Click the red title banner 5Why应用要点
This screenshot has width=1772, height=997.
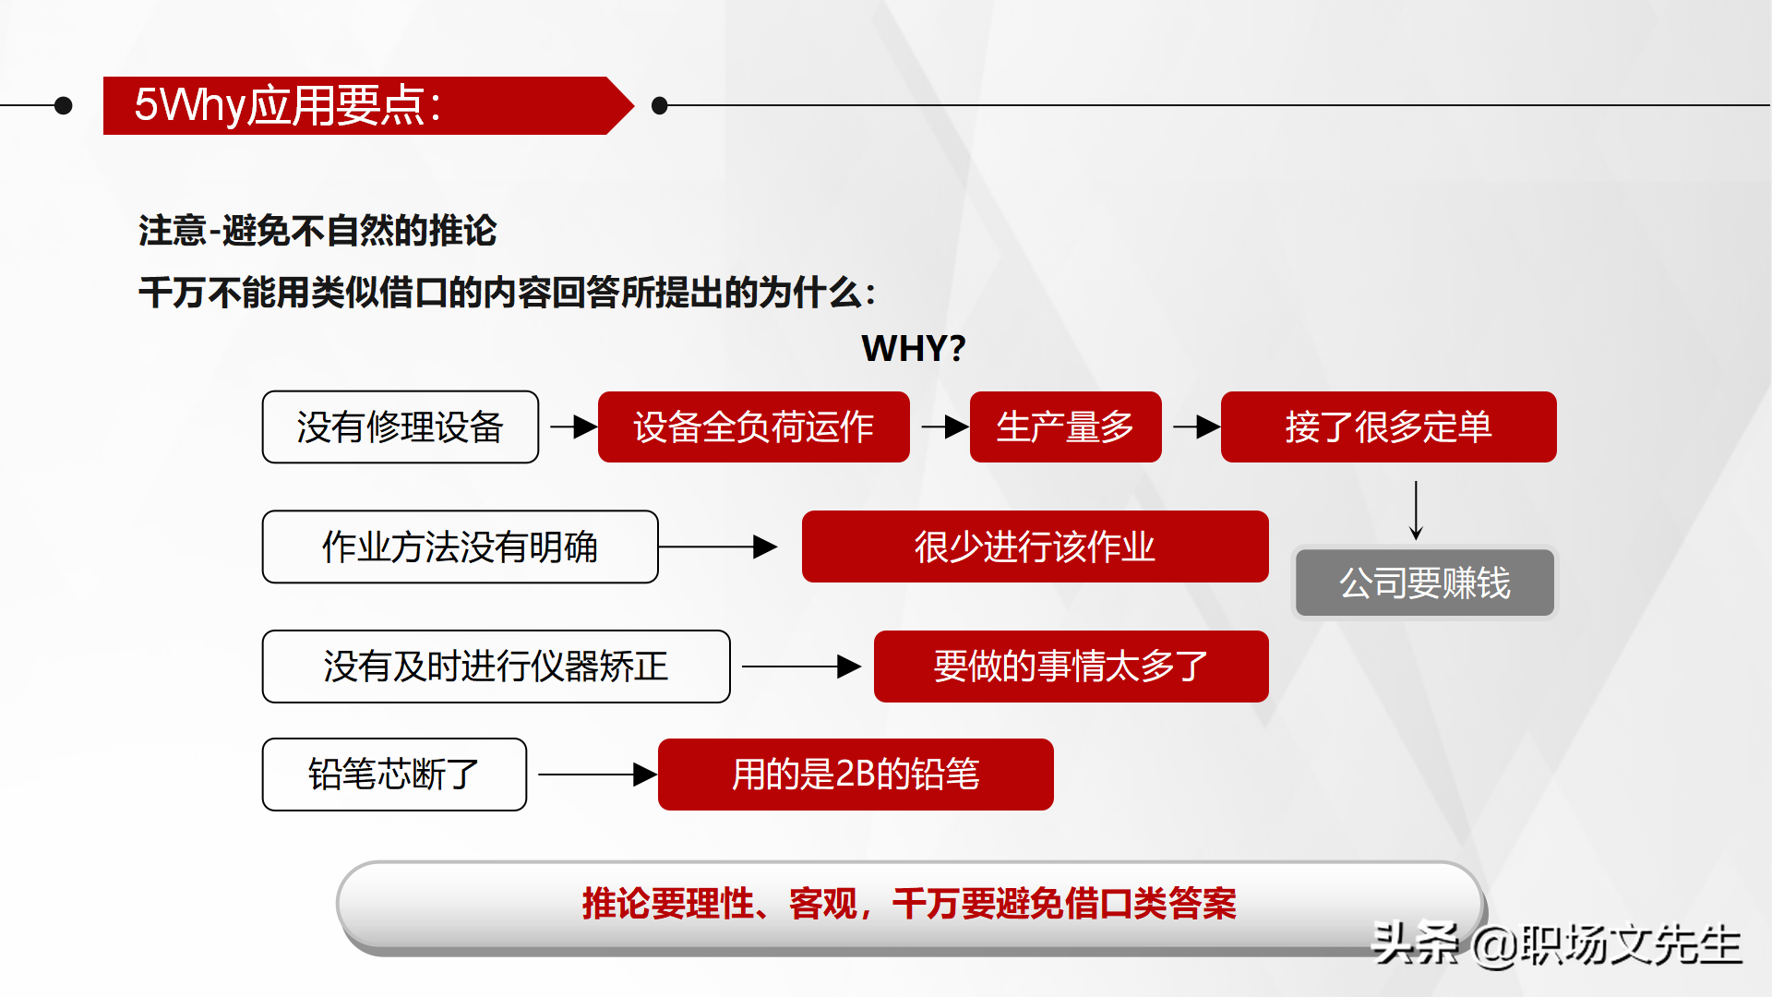tap(367, 105)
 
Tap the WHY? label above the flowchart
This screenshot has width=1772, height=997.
tap(914, 348)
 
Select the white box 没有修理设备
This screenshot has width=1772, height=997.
tap(401, 426)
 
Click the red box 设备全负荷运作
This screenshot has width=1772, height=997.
tap(754, 426)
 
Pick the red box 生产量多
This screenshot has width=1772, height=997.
tap(1066, 426)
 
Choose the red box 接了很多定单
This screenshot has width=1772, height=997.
tap(1389, 426)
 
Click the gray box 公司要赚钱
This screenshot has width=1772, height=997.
tap(1425, 583)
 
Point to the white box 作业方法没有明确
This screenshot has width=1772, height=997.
tap(461, 547)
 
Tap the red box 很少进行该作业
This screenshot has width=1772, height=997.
tap(1036, 547)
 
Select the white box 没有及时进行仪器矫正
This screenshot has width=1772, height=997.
tap(497, 667)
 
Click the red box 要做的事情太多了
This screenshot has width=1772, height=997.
tap(1072, 667)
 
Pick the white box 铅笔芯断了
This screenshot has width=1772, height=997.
tap(395, 775)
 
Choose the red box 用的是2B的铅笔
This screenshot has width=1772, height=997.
tap(856, 775)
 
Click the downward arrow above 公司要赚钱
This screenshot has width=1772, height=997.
tap(1416, 511)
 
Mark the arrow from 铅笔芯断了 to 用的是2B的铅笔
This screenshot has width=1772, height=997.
tap(598, 775)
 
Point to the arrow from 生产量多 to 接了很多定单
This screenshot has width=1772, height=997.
tap(1197, 426)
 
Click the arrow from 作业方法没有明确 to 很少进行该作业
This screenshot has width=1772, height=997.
tap(718, 547)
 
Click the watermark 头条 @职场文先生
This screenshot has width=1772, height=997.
tap(1557, 943)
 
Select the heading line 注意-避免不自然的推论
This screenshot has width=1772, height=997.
tap(317, 231)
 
